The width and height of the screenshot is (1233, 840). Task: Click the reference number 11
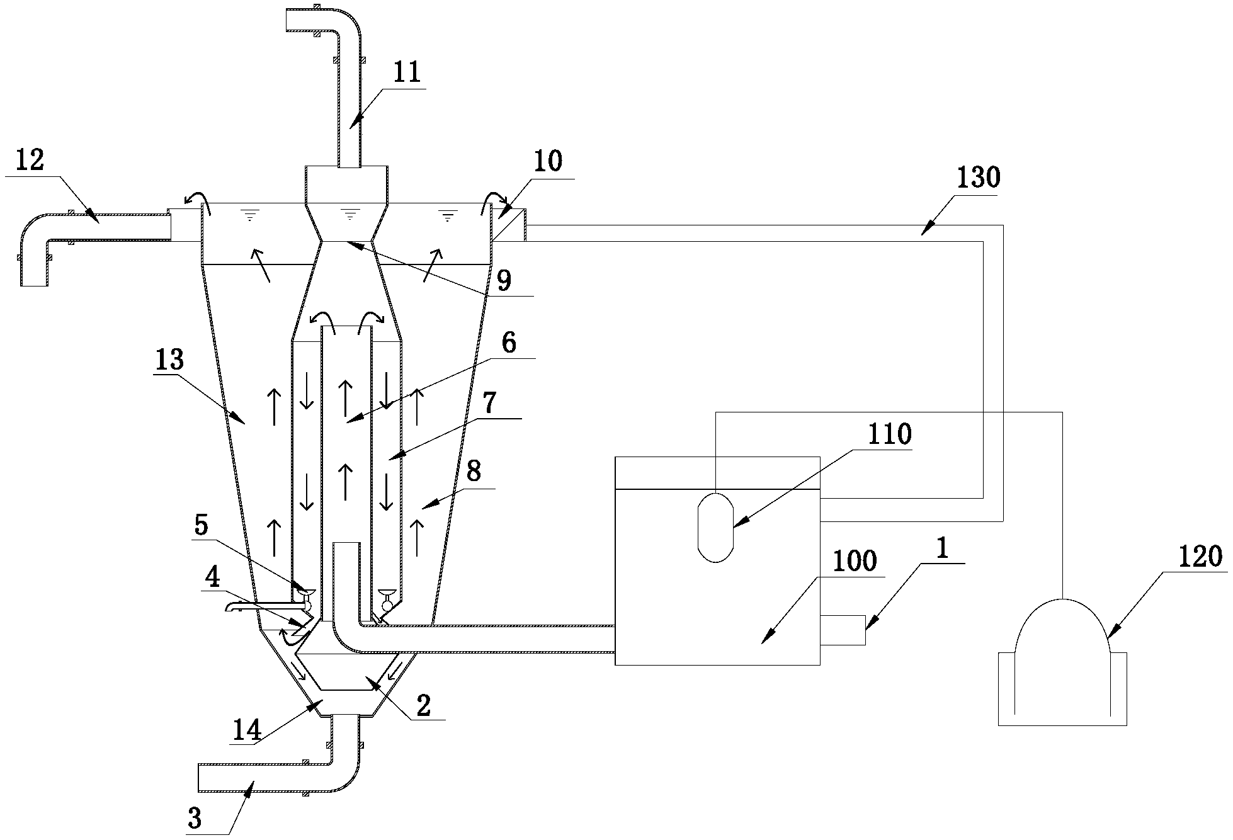point(406,74)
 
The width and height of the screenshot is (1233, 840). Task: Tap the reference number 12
point(30,161)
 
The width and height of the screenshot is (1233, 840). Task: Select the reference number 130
point(978,178)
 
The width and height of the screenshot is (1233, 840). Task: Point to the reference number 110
point(889,434)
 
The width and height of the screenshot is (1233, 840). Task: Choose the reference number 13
point(169,360)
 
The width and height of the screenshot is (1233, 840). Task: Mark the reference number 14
point(246,730)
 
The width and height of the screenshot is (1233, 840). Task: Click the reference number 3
point(195,819)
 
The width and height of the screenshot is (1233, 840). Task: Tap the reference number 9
point(504,281)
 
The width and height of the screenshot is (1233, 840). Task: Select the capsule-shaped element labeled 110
point(716,526)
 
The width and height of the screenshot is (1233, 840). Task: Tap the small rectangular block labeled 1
point(843,630)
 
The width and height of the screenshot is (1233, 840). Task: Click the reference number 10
point(547,162)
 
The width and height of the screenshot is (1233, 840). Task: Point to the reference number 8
point(474,472)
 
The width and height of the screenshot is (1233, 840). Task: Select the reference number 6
point(508,343)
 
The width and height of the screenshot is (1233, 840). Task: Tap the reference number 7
point(490,402)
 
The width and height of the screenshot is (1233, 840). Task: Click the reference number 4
point(214,578)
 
